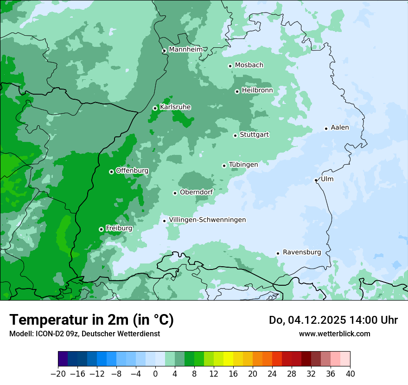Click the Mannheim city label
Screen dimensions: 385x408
point(185,49)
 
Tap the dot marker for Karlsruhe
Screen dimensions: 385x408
point(155,108)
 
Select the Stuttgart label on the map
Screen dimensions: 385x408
point(254,135)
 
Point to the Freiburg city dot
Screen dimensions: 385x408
point(101,229)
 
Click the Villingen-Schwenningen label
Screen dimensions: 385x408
point(207,220)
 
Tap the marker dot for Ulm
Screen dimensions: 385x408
point(316,180)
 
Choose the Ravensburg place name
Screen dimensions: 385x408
point(301,252)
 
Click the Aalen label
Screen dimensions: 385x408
point(340,128)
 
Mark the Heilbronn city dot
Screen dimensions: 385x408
point(237,91)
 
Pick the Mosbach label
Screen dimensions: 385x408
point(249,65)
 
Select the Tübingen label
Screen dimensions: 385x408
point(243,165)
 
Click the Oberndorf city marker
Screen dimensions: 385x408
point(175,193)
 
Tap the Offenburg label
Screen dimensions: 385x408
point(132,171)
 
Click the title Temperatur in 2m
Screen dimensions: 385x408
point(91,320)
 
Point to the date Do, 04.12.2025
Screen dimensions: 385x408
point(307,320)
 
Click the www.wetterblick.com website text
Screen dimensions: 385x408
point(334,334)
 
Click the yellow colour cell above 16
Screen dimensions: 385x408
point(228,359)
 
